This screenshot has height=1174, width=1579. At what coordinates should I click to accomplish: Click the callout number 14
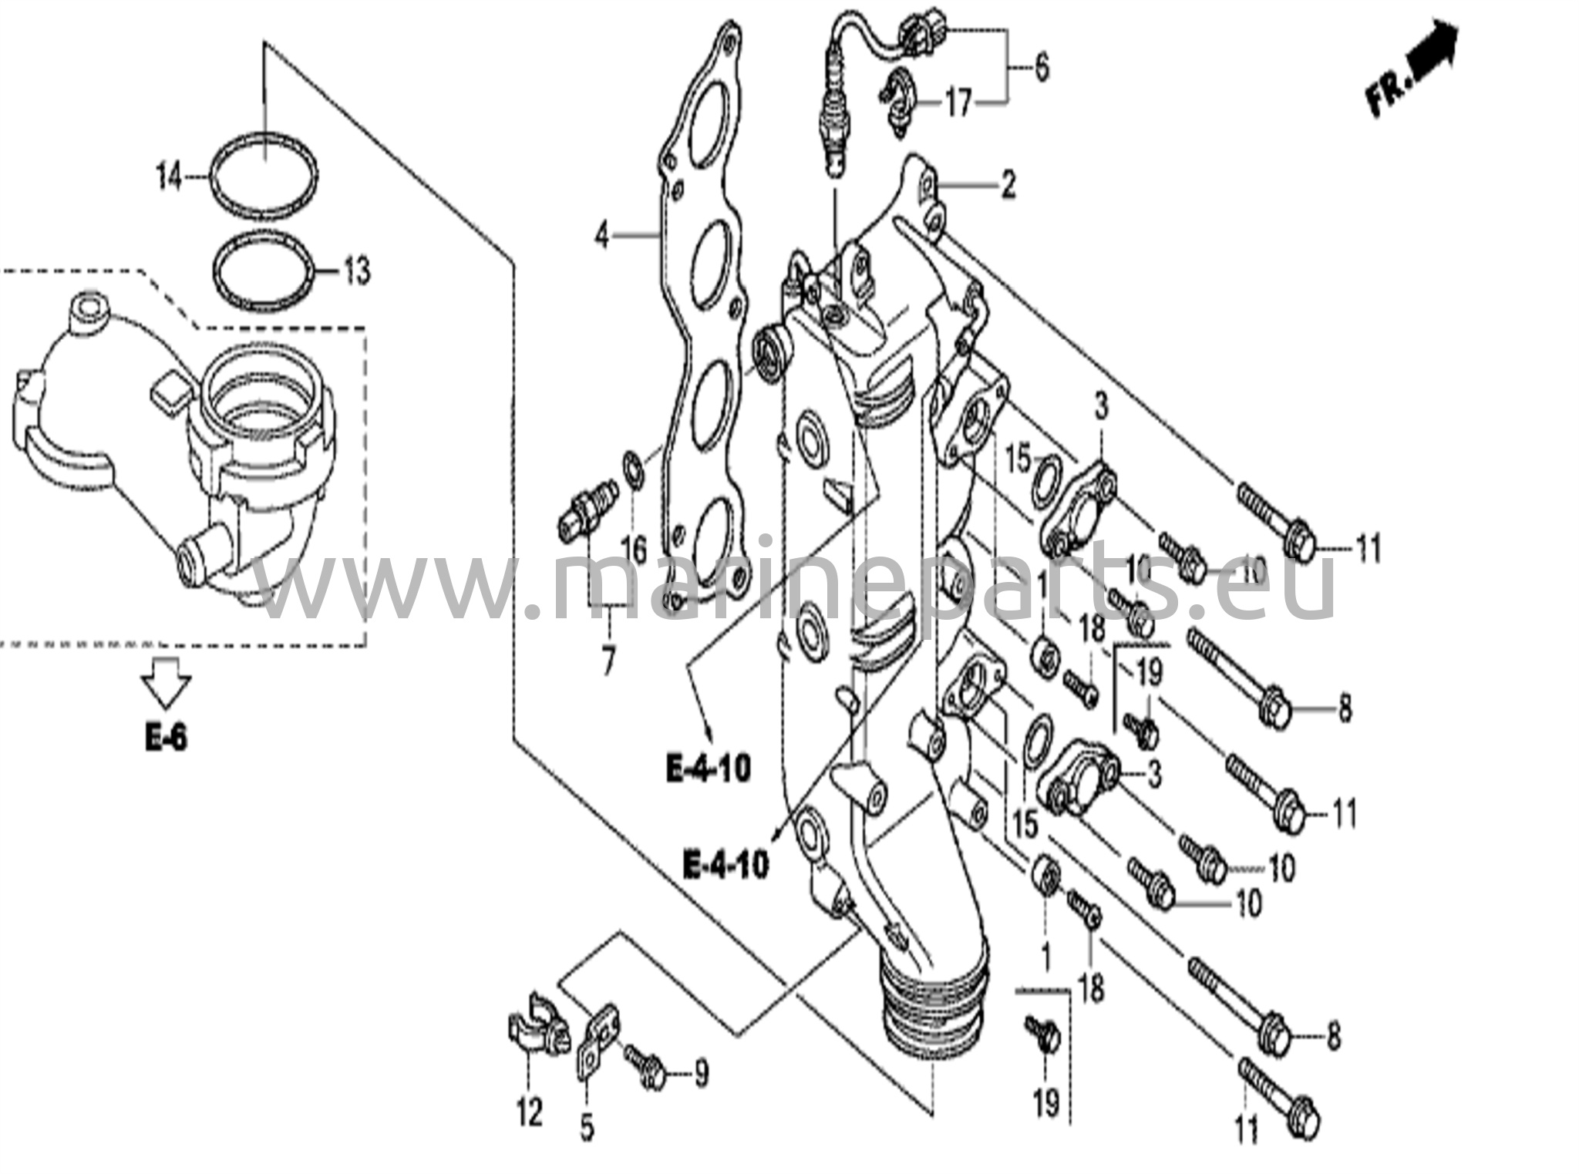pos(169,178)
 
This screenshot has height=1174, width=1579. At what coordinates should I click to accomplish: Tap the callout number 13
pos(356,271)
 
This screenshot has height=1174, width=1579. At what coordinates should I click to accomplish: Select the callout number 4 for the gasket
pos(601,235)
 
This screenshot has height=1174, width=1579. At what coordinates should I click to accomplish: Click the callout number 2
pos(1008,185)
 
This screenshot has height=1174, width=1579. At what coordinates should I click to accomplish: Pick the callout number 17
pos(958,103)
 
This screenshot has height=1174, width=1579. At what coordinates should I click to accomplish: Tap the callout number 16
pos(634,550)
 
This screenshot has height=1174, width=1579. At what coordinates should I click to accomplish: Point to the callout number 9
pos(701,1074)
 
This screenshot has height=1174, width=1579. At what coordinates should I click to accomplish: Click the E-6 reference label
pos(166,738)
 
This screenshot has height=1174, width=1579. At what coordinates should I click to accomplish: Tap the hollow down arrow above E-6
pos(166,681)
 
